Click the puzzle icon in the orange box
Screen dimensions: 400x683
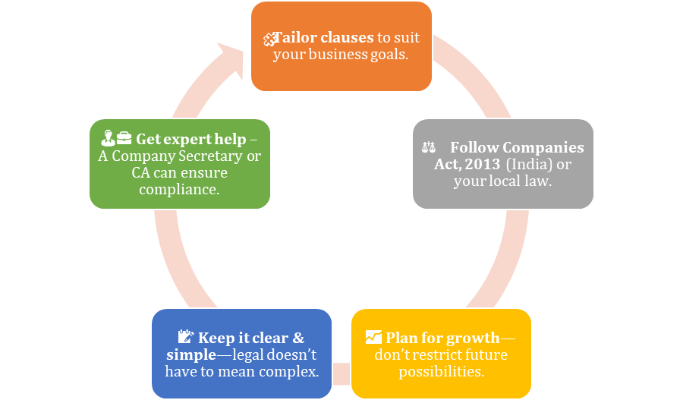(x=268, y=39)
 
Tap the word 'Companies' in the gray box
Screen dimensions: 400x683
(x=549, y=147)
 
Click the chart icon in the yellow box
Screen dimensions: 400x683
(x=373, y=338)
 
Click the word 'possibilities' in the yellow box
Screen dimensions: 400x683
(x=441, y=371)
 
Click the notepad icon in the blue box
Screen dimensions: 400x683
(x=186, y=337)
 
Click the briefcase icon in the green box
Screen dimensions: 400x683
(x=124, y=139)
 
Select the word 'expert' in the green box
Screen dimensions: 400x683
(x=187, y=140)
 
